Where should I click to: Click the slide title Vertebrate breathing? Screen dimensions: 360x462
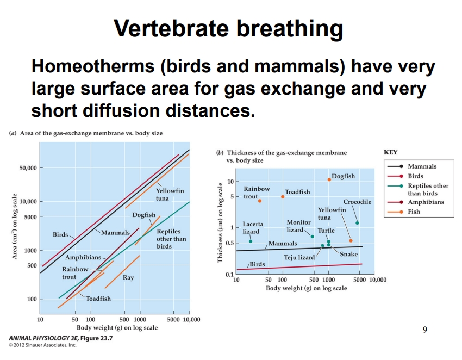tap(229, 29)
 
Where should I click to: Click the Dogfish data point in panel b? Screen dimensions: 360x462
tap(329, 179)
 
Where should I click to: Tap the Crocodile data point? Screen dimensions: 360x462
tap(357, 222)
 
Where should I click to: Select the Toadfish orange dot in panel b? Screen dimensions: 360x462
tap(283, 196)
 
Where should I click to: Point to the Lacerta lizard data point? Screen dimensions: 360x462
tap(251, 241)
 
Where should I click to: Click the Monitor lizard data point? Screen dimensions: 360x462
tap(312, 236)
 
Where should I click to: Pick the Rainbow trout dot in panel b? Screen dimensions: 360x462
tap(260, 201)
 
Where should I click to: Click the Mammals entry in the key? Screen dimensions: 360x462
tap(422, 167)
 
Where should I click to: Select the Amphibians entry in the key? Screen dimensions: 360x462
tap(425, 202)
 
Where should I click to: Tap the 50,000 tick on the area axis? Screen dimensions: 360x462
tap(26, 168)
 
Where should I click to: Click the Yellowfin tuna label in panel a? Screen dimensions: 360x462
tap(170, 195)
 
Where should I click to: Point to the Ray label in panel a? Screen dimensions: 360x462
tap(128, 277)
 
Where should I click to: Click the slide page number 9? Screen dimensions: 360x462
tap(424, 329)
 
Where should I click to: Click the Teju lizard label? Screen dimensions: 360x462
tap(299, 257)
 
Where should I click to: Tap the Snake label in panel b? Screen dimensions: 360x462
tap(348, 254)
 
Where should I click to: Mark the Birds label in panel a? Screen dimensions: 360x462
tap(60, 235)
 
